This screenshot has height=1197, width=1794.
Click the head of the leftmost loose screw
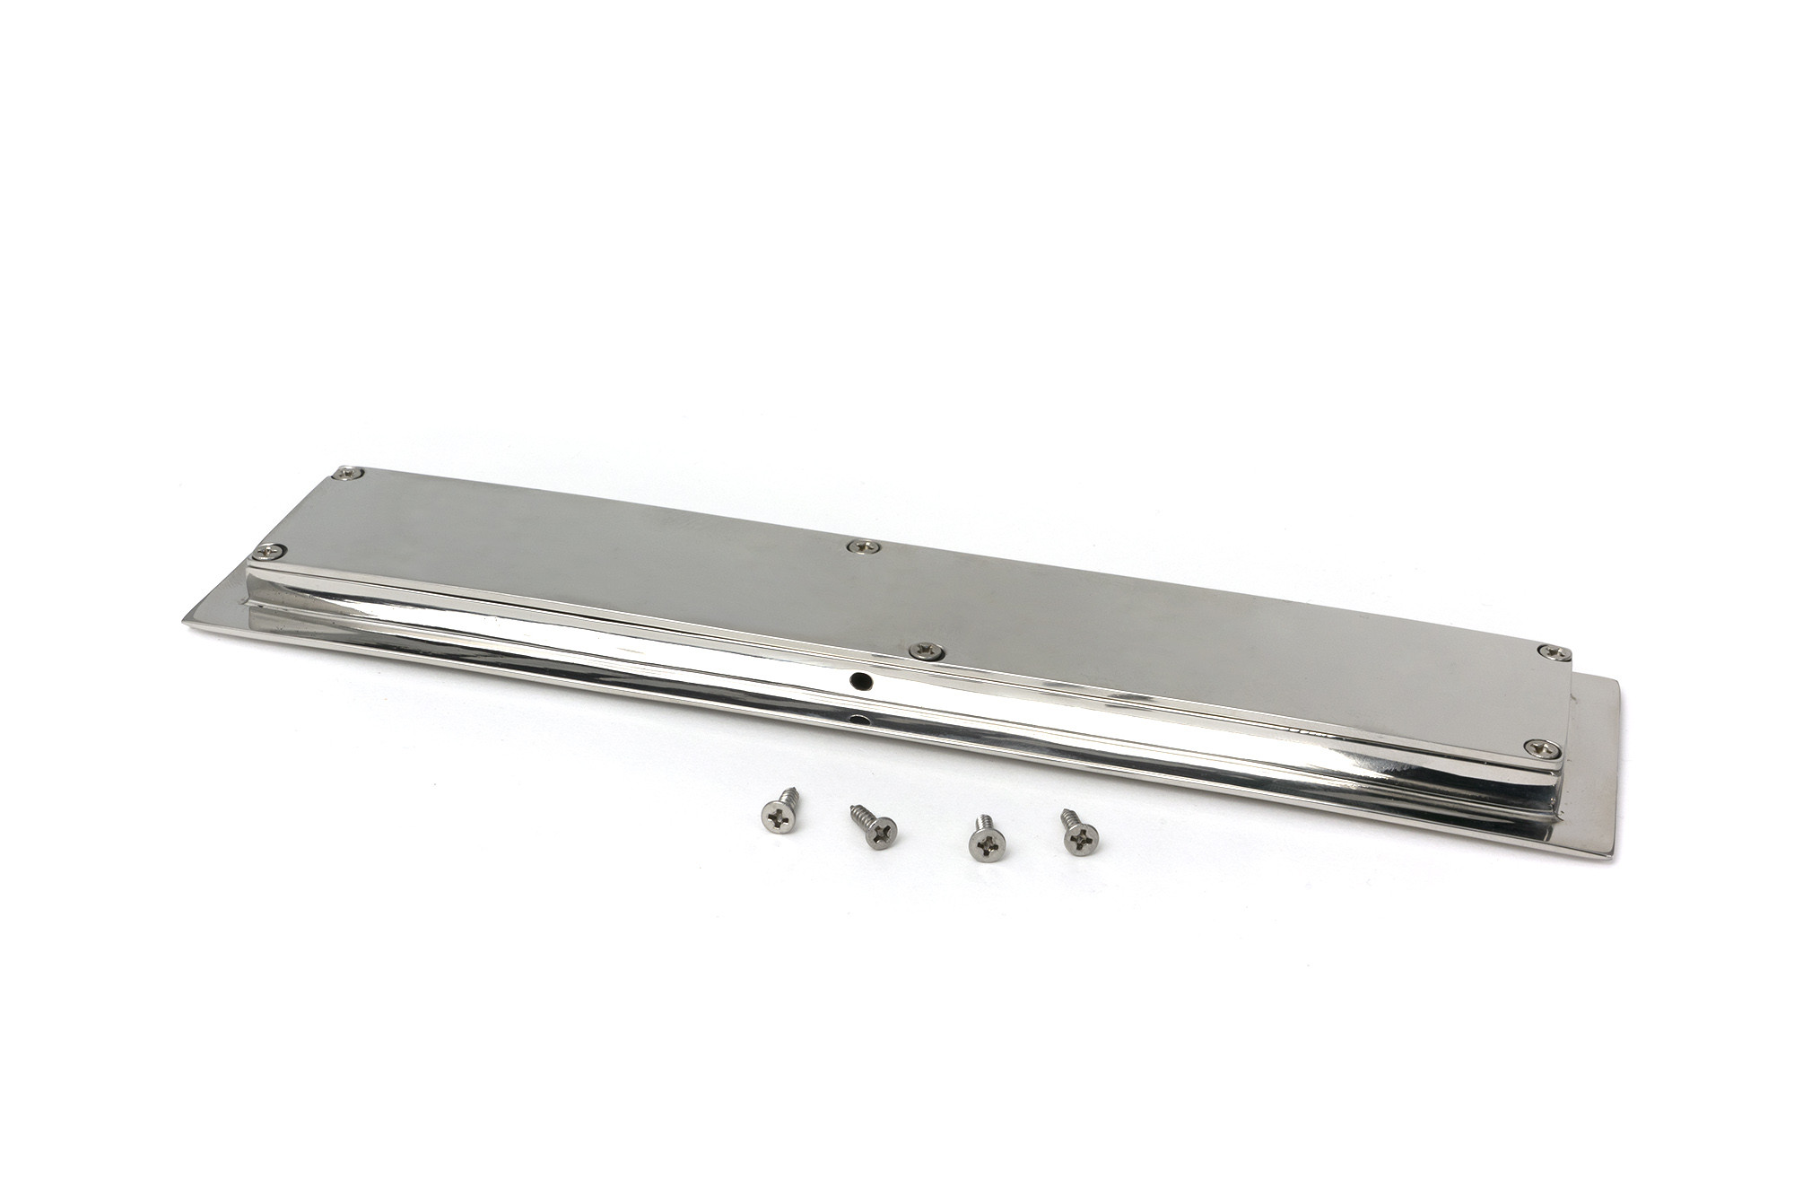(773, 814)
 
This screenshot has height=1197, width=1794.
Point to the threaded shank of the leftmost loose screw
(790, 796)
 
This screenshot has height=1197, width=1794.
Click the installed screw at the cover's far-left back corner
(346, 472)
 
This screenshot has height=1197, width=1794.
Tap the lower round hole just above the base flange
(862, 721)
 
